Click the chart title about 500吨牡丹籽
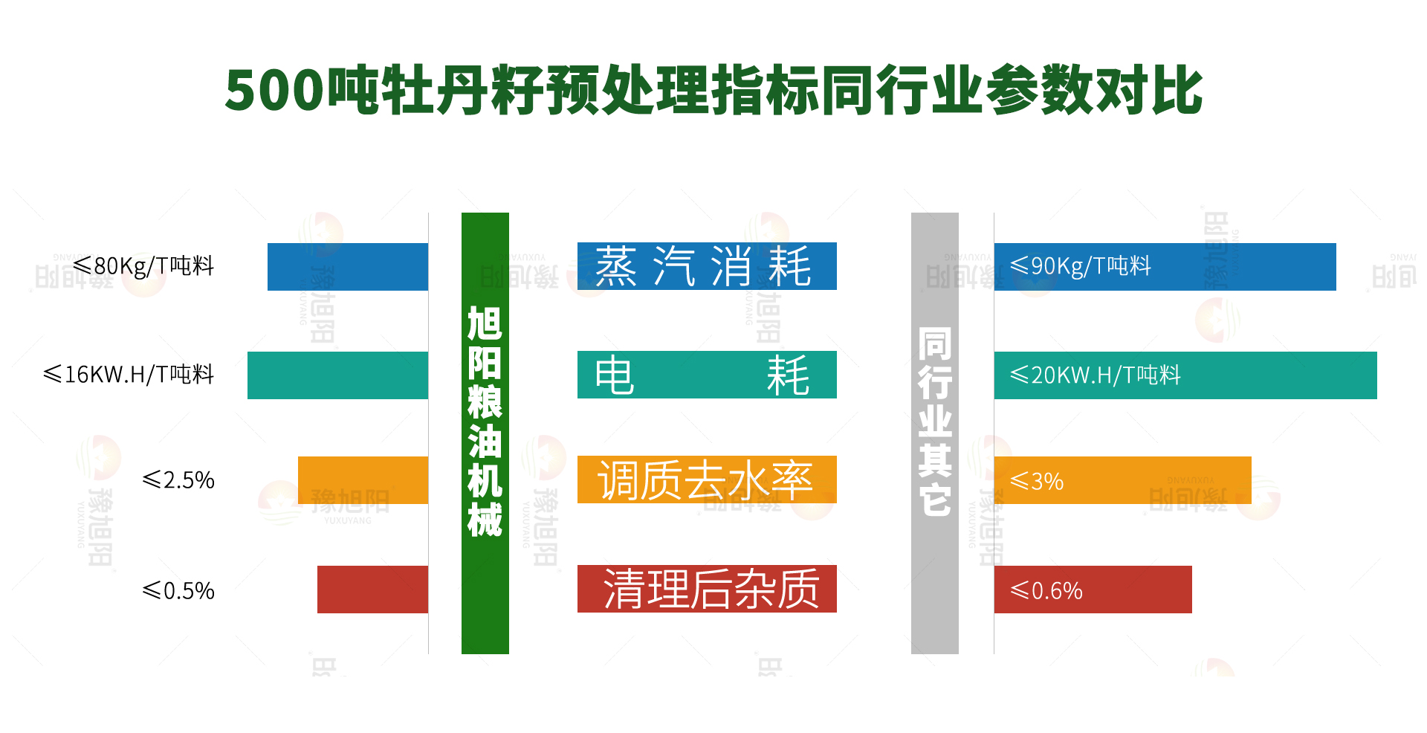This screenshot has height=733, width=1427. [713, 90]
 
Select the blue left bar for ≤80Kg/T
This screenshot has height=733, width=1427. [348, 267]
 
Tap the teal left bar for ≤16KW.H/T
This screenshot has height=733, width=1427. [337, 375]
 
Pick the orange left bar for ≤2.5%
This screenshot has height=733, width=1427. [363, 480]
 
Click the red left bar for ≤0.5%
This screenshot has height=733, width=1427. [372, 590]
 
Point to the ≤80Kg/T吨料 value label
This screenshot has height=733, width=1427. [144, 266]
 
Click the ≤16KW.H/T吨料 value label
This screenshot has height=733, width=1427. [129, 374]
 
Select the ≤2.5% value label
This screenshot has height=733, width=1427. [178, 480]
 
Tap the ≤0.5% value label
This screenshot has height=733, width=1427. [178, 591]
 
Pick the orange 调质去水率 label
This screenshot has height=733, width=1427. [707, 479]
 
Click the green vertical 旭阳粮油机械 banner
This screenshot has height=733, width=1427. [485, 433]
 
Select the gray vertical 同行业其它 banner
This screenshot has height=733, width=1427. [935, 433]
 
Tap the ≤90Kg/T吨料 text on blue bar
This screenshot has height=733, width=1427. [1081, 266]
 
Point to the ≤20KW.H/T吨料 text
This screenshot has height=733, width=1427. [1096, 375]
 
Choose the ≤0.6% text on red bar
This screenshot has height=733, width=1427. [1046, 591]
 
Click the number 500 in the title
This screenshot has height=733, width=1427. [275, 91]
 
